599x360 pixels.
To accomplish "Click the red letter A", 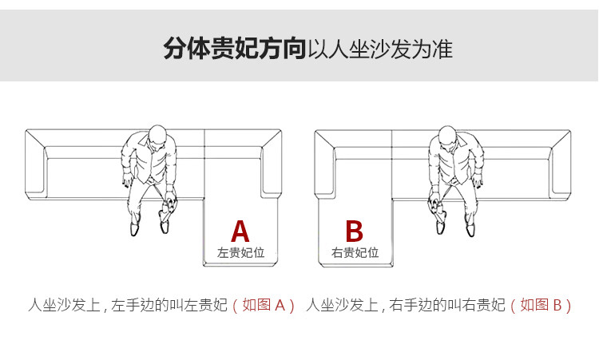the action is [x=240, y=231].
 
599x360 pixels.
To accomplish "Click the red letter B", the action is [x=354, y=231].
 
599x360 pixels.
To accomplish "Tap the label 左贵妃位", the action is [x=240, y=253].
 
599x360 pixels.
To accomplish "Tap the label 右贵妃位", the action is [x=355, y=253].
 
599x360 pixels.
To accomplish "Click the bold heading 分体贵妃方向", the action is [x=235, y=49].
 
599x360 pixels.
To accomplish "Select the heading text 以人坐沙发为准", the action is [x=380, y=49].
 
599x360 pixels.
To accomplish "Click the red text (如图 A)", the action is [x=264, y=306].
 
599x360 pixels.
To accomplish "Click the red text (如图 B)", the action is [x=541, y=306].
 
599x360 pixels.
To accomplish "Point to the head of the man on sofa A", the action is [x=157, y=136].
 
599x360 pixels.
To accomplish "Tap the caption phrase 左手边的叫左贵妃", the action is [x=169, y=306].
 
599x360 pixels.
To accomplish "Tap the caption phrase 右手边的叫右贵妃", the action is [x=447, y=306].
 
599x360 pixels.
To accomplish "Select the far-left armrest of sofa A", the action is [x=36, y=165].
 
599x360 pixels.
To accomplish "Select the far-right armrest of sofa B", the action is [x=561, y=165].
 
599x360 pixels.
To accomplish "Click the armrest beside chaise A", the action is [x=272, y=164].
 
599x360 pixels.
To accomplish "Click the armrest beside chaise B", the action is [x=325, y=164].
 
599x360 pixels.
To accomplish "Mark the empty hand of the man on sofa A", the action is [x=126, y=182].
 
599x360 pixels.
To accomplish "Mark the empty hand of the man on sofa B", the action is [x=478, y=182].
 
